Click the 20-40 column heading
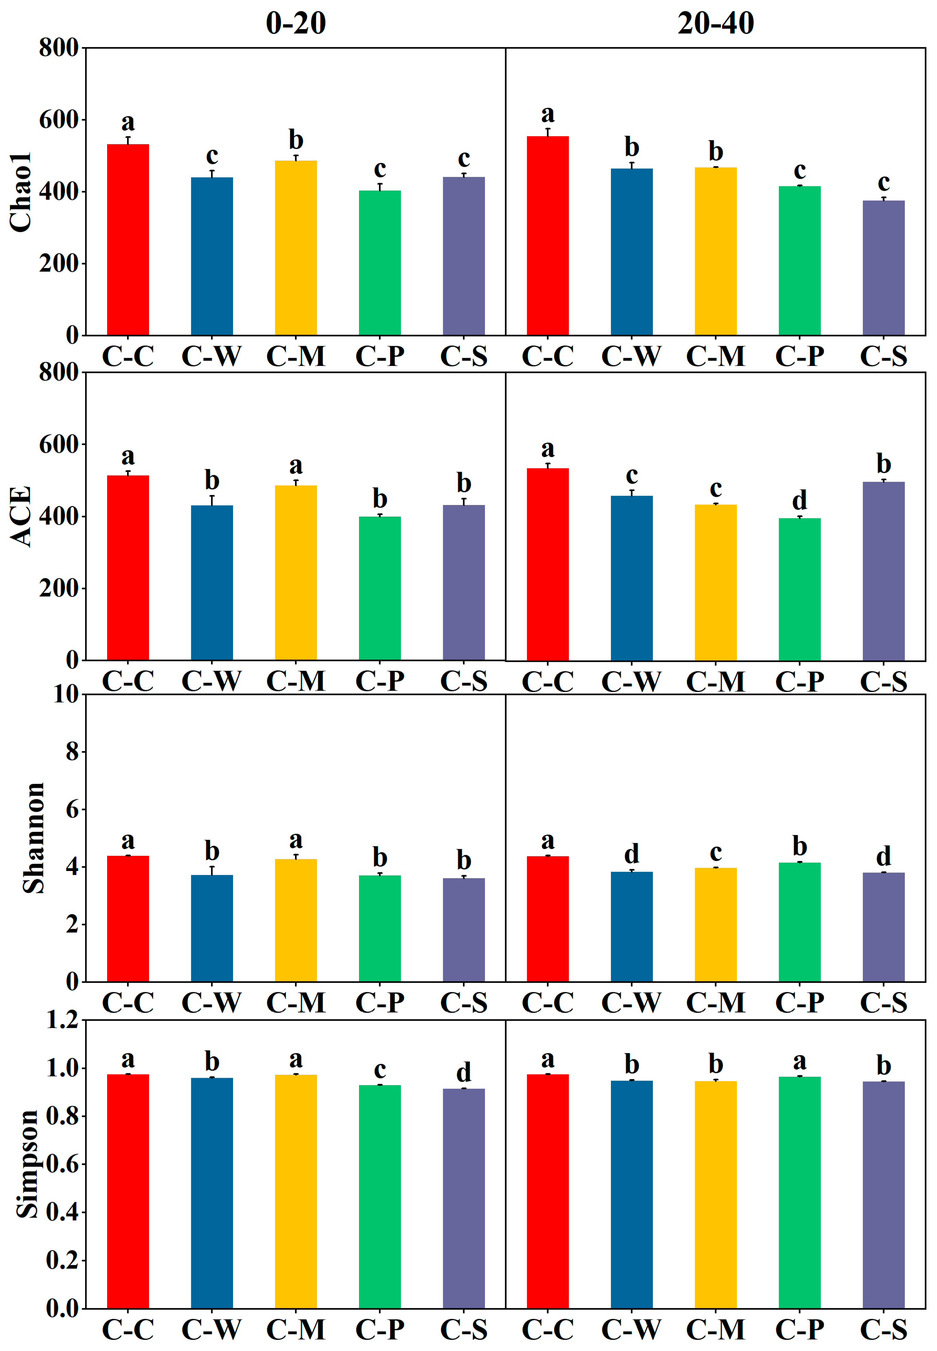[x=715, y=24]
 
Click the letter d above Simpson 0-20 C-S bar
[x=463, y=1072]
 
